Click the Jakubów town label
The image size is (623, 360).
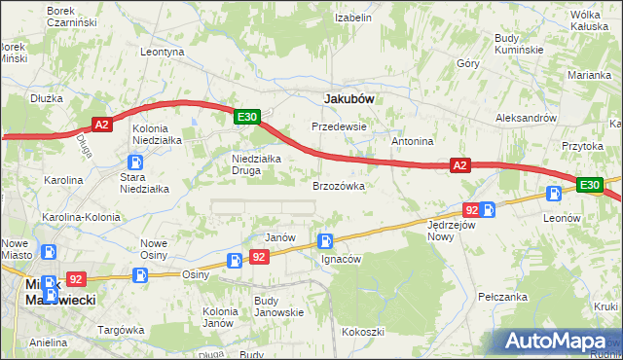point(348,98)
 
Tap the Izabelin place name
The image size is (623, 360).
point(352,18)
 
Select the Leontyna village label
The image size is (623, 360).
point(163,52)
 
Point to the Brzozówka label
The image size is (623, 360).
point(338,185)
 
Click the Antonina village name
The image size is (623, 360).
point(412,141)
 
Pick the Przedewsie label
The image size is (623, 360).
point(338,126)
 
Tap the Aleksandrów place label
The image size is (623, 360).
point(525,117)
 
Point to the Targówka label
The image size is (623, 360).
point(121,330)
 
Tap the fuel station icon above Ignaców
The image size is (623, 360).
point(325,240)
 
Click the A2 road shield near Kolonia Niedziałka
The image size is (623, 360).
point(103,124)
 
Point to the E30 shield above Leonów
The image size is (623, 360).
point(588,185)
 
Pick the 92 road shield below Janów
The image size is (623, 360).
point(258,257)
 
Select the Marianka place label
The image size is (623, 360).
point(590,75)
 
